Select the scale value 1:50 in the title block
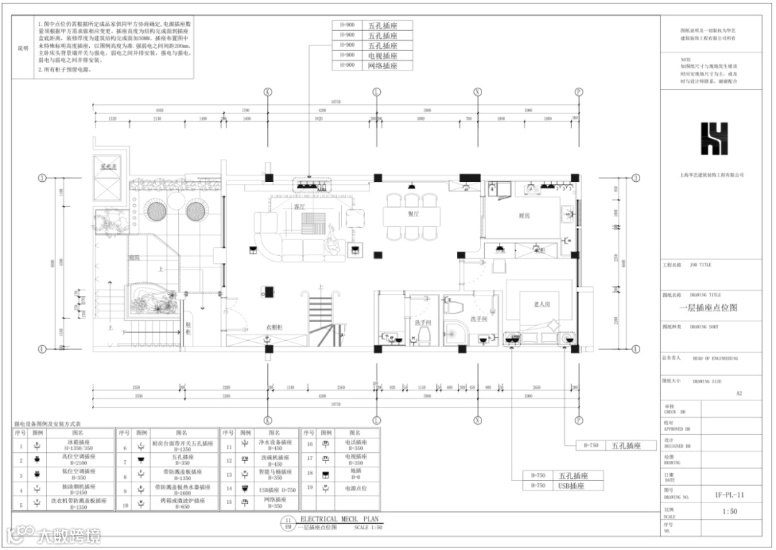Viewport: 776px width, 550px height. click(729, 512)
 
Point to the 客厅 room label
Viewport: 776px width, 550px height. click(300, 206)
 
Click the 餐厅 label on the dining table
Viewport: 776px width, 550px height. click(413, 214)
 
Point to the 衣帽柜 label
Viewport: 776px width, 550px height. click(274, 327)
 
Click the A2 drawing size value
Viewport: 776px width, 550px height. click(739, 393)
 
